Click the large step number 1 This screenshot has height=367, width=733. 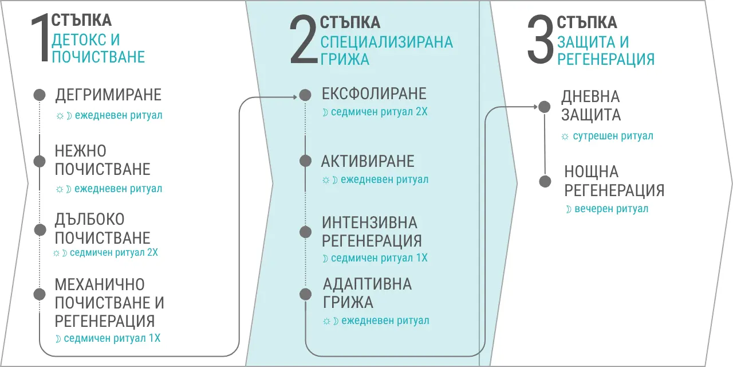[x=41, y=37]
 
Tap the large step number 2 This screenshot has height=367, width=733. [x=304, y=40]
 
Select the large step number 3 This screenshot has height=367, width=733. [x=540, y=40]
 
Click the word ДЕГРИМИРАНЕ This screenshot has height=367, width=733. [x=108, y=95]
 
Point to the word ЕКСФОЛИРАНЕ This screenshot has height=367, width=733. [x=374, y=93]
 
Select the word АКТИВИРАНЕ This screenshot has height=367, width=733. [x=368, y=161]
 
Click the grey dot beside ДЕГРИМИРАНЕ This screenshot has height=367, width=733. [x=40, y=95]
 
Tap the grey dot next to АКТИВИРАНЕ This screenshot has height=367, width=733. [x=305, y=161]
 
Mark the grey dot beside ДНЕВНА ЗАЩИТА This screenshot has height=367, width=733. [x=545, y=107]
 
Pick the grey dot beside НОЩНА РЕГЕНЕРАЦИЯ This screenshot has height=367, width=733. [x=545, y=181]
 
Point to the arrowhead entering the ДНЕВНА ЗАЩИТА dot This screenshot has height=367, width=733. [x=535, y=107]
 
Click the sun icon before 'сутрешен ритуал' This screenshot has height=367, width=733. [x=565, y=136]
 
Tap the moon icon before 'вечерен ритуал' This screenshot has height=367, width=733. [x=569, y=209]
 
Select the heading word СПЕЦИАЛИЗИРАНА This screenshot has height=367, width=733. [x=387, y=42]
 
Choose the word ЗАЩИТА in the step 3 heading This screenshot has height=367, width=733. [x=583, y=42]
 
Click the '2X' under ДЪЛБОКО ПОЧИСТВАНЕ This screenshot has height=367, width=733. [x=152, y=253]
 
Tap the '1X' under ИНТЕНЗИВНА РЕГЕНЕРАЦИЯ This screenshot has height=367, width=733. [x=422, y=258]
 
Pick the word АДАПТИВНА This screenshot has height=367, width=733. [x=367, y=284]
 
